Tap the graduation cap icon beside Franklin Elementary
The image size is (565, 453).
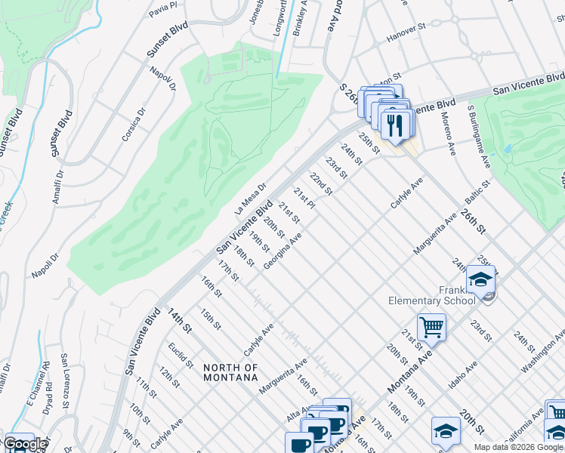point(480,280)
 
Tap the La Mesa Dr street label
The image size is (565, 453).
point(252,198)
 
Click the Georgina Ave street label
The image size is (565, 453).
point(283,251)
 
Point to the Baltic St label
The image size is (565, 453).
point(478,193)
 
